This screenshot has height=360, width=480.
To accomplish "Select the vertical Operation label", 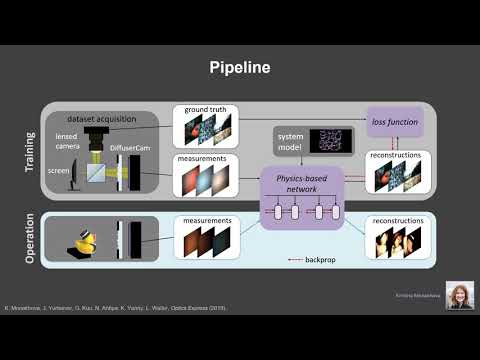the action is (x=29, y=239).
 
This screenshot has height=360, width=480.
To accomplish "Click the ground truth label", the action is (x=206, y=111).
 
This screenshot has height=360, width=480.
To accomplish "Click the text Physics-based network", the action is (x=297, y=181).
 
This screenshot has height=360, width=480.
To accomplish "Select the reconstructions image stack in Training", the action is (x=396, y=178).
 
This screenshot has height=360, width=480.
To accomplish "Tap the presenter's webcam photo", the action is (x=460, y=295).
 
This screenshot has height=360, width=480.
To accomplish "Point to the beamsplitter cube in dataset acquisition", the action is (x=97, y=179).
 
